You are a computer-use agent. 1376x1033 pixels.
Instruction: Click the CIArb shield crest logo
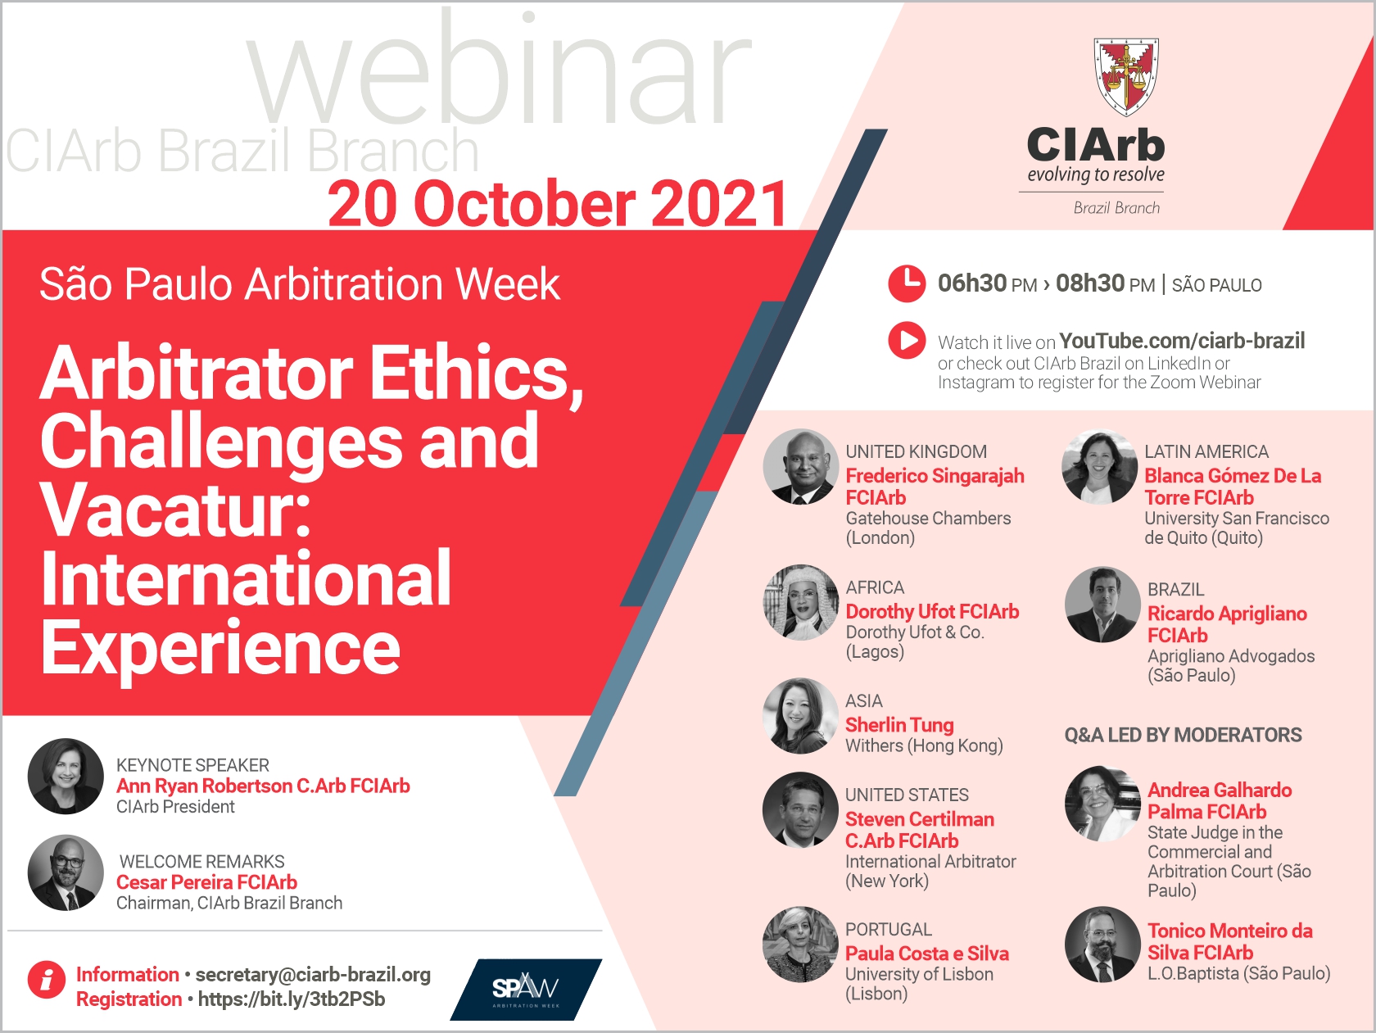1126,76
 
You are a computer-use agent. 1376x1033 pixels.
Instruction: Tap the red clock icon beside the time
907,284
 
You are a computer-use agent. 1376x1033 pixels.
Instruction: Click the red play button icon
907,340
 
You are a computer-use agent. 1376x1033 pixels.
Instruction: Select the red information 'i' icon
47,979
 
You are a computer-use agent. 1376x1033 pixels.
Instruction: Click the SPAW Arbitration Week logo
525,989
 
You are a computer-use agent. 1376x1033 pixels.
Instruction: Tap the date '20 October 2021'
557,204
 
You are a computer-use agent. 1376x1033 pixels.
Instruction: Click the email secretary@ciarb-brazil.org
313,975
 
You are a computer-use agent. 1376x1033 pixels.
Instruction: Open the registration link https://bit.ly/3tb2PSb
292,999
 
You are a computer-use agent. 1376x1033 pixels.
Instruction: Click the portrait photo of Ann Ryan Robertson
66,776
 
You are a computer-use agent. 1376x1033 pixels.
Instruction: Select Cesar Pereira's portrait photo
66,872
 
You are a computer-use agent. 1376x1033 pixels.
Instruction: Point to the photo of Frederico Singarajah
800,466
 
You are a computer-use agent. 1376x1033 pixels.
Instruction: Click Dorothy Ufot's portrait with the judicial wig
800,602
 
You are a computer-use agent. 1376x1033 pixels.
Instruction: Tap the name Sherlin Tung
899,725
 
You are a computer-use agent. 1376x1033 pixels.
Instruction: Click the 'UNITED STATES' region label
907,795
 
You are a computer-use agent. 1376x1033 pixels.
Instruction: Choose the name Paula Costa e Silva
927,954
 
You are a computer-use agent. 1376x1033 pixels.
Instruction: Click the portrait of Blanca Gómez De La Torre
1099,466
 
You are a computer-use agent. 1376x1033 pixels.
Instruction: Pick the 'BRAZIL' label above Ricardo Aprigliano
1175,590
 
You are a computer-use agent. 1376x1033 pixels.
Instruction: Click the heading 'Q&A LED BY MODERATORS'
1183,735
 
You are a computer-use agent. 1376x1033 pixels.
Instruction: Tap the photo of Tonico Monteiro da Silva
1102,944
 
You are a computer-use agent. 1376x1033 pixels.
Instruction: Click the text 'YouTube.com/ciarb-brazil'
1182,340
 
